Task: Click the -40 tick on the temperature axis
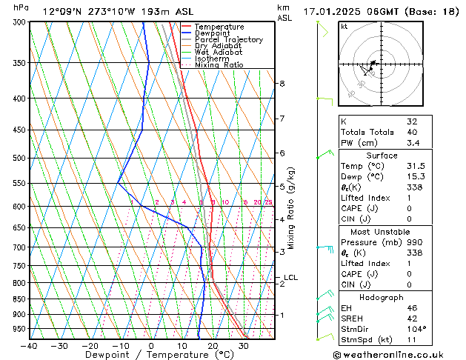29,346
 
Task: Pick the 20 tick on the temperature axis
213,346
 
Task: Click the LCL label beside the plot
291,278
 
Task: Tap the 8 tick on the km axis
282,84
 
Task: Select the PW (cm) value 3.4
412,143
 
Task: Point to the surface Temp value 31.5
415,166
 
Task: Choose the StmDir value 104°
416,328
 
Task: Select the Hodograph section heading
382,297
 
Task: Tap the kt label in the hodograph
344,26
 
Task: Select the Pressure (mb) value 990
412,242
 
